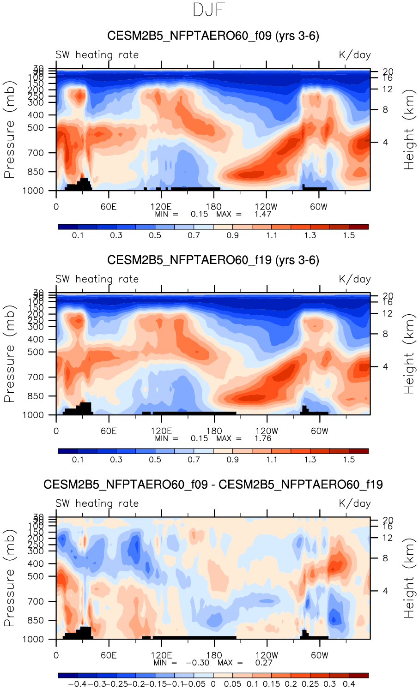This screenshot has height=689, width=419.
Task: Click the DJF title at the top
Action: tap(209, 10)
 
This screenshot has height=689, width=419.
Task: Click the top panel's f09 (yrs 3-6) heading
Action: tap(213, 36)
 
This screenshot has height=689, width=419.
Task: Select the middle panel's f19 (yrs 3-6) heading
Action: tap(213, 260)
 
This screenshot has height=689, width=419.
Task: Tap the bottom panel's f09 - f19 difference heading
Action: tap(213, 485)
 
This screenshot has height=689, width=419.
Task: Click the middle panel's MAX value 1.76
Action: tap(263, 438)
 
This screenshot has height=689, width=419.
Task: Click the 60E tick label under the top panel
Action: tap(109, 207)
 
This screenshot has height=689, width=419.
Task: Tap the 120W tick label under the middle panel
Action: tap(267, 431)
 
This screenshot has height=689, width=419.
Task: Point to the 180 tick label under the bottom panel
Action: tap(214, 655)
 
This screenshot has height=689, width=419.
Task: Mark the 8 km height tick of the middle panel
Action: tap(385, 334)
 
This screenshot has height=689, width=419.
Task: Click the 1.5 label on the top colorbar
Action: tap(349, 235)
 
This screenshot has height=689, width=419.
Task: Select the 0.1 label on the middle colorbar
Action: tap(78, 460)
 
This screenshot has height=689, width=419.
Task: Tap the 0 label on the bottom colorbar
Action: tap(213, 684)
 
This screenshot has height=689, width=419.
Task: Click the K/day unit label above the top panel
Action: tap(355, 55)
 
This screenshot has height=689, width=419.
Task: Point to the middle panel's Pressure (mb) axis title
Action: tap(10, 353)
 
